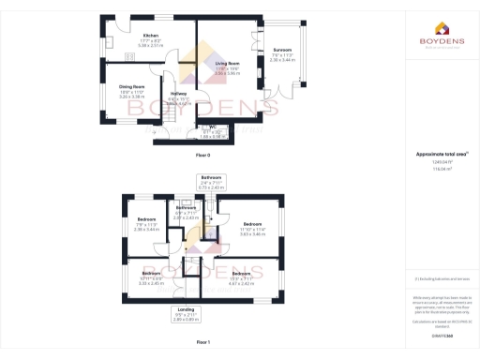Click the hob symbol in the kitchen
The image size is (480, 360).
(130, 56)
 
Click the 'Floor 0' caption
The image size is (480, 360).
(202, 155)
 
